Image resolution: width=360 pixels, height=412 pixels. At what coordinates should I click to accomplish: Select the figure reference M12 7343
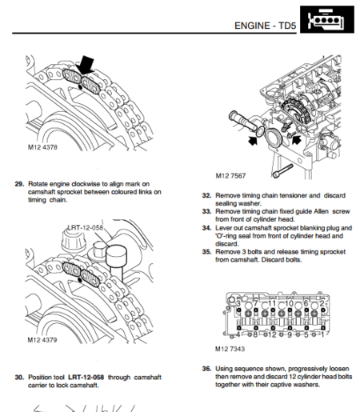click(230, 349)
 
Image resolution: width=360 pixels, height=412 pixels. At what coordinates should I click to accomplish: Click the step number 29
click(19, 183)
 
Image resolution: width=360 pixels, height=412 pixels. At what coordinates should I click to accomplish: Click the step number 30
click(19, 376)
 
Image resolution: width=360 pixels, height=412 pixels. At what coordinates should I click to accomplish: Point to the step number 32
click(206, 194)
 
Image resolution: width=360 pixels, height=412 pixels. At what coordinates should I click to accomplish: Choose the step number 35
click(206, 251)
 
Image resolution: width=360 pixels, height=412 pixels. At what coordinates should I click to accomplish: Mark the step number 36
click(206, 369)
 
